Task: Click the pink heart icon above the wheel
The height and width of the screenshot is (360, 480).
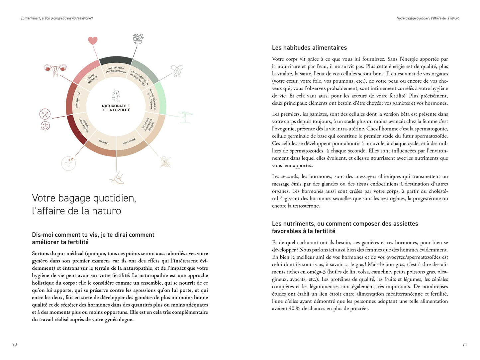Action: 93,41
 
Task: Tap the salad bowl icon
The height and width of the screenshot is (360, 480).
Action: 138,39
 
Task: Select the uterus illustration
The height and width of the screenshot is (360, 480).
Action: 53,69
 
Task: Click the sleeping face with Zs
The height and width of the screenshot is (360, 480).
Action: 69,163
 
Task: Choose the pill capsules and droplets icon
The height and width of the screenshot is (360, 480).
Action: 177,71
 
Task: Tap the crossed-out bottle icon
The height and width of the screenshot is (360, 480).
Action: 165,162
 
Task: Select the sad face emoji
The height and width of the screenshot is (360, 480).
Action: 45,114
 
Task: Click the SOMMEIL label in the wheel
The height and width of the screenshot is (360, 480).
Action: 103,142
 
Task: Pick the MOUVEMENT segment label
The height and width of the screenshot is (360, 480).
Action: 129,141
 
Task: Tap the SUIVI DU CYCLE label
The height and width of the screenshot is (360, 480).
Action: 77,100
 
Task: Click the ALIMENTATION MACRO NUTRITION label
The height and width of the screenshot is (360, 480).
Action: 116,70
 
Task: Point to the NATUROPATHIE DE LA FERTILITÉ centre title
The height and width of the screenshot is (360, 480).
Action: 116,108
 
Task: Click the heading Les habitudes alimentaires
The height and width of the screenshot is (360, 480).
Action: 309,48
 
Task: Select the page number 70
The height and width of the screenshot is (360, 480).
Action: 14,344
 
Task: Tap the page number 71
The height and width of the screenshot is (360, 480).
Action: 464,344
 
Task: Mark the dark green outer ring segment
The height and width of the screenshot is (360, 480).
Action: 116,60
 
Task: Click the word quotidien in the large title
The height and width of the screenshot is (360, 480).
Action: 113,198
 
